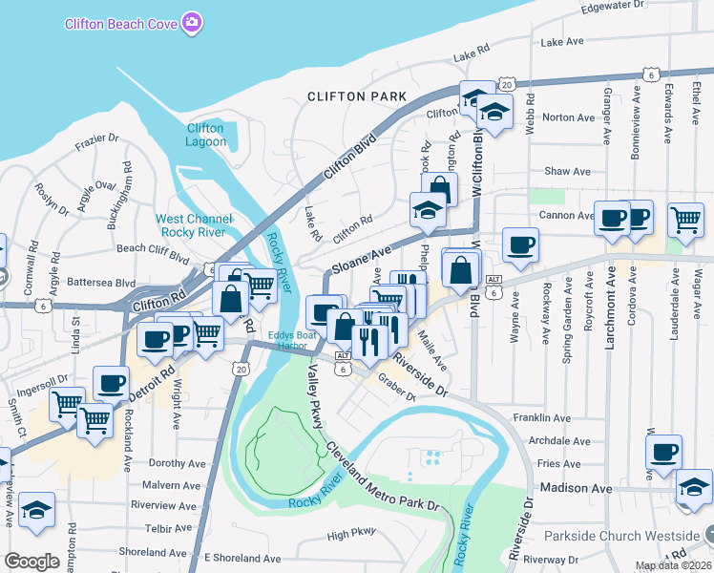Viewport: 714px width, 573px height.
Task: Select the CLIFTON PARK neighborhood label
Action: [357, 97]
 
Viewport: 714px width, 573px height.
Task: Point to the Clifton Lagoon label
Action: [205, 135]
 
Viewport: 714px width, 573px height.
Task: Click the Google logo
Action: [31, 561]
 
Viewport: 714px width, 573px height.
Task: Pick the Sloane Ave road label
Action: [362, 258]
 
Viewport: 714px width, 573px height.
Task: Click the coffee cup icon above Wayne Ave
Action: [520, 244]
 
